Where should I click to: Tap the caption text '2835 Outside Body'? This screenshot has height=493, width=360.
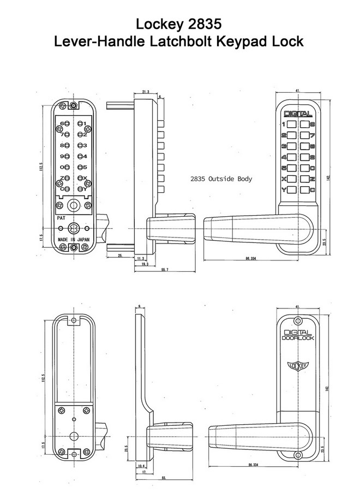pos(221,179)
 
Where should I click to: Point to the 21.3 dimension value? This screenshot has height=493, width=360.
pos(146,93)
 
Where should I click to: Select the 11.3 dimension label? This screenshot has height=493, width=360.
pos(141,258)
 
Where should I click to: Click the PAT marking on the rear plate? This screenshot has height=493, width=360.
pos(61,217)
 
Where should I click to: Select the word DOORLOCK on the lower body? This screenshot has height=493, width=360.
pos(297,338)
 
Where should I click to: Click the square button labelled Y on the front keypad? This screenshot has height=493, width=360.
pos(292,189)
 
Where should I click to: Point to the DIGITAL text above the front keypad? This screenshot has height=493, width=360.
pos(297,114)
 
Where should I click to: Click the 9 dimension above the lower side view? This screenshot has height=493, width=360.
pos(140,306)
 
